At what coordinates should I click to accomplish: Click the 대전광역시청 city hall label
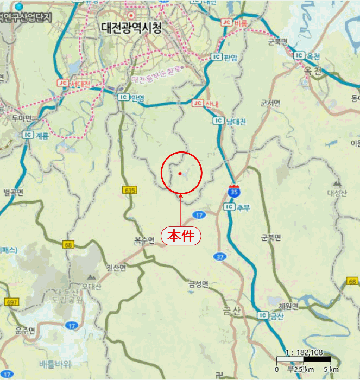click(x=131, y=28)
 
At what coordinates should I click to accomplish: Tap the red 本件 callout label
click(x=181, y=236)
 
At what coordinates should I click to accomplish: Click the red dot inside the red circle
click(x=180, y=174)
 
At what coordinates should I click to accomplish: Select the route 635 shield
click(x=129, y=191)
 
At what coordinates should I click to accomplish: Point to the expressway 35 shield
click(x=233, y=192)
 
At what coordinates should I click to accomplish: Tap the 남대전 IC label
click(x=231, y=122)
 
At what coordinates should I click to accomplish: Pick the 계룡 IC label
click(x=36, y=135)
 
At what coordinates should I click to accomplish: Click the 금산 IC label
click(x=271, y=316)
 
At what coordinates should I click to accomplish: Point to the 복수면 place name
click(x=144, y=239)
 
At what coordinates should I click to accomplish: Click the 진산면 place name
click(x=116, y=268)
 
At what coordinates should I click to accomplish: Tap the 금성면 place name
click(x=199, y=283)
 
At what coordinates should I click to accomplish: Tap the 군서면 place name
click(x=270, y=103)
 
